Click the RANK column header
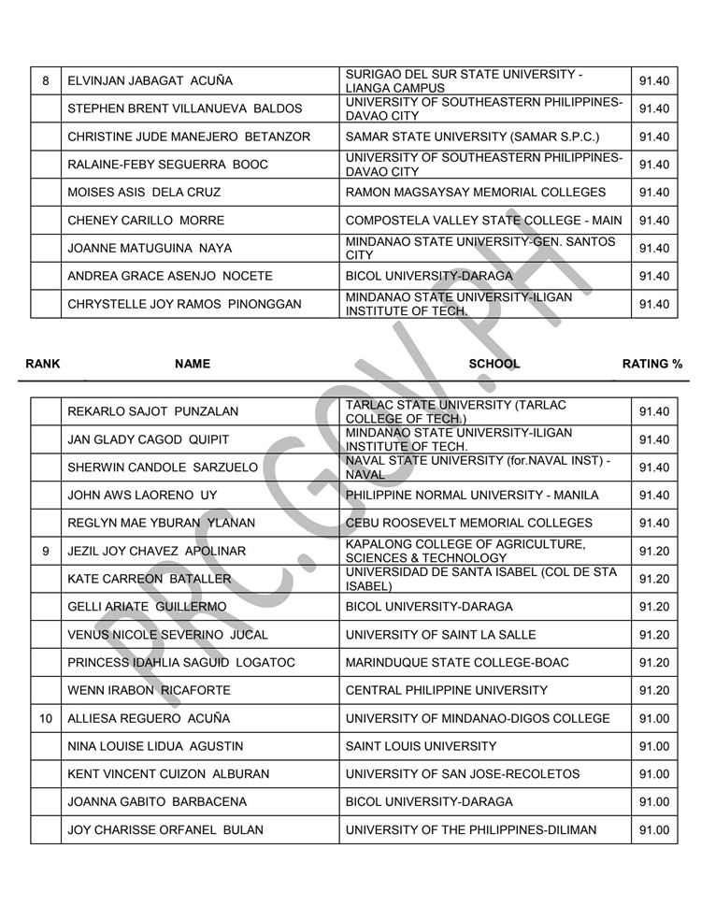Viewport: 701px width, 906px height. point(42,364)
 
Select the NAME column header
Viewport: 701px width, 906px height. point(193,364)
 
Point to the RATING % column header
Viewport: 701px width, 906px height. point(651,364)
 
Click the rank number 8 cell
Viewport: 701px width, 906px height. point(46,80)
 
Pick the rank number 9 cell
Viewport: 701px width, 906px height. point(46,551)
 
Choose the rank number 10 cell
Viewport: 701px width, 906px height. point(46,718)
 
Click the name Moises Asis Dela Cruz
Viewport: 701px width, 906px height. point(144,193)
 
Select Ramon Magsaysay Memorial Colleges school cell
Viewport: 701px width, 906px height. point(475,193)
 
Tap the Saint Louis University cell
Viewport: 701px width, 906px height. point(421,746)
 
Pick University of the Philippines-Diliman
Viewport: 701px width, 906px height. point(471,829)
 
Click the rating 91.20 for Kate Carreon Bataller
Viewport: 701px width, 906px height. point(653,579)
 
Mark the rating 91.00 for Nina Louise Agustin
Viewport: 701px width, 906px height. point(653,746)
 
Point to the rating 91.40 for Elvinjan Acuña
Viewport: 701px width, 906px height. point(653,80)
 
